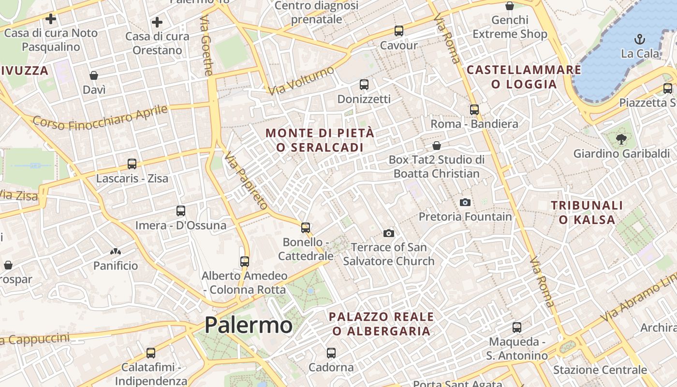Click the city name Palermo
click(248, 325)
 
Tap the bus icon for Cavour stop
click(399, 30)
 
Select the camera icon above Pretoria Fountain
click(465, 202)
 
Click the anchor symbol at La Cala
click(640, 39)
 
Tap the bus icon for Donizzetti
click(364, 85)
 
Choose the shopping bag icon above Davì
click(94, 75)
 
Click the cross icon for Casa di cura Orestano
click(157, 22)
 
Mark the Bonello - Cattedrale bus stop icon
click(305, 227)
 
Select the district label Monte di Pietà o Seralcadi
click(320, 140)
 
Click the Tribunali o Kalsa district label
click(587, 212)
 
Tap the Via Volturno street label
click(301, 80)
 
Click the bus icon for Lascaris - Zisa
click(132, 164)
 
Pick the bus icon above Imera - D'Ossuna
click(181, 211)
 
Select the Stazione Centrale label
click(600, 370)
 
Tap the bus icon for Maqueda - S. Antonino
click(517, 327)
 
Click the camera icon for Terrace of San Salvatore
click(388, 233)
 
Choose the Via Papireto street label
click(246, 180)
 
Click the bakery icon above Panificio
click(115, 251)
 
